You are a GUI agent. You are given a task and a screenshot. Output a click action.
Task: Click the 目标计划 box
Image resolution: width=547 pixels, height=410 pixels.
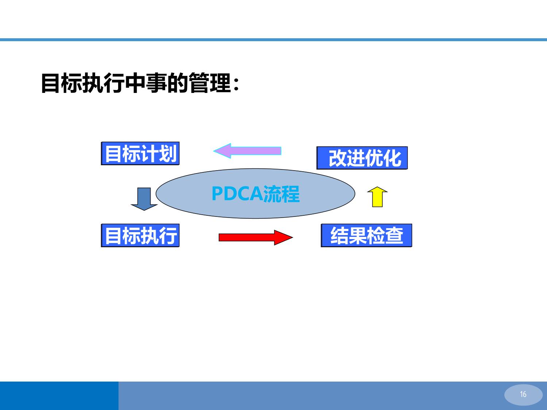coord(140,153)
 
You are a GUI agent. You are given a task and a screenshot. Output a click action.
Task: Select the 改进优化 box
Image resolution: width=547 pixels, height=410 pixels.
coord(362,158)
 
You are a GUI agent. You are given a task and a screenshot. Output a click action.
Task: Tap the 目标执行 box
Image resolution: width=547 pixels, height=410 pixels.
coord(140,235)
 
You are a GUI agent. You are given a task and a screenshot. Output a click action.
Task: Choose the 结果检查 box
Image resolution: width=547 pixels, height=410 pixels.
coord(366,235)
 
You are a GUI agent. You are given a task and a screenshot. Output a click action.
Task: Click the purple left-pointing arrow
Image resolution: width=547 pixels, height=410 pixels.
coord(247,151)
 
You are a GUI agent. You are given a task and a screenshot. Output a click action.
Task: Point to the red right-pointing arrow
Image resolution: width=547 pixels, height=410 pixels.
coord(256,238)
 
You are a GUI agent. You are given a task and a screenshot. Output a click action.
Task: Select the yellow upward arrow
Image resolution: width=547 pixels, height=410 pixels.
coord(377,197)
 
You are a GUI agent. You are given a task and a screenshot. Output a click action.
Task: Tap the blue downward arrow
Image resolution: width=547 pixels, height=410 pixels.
coord(144,199)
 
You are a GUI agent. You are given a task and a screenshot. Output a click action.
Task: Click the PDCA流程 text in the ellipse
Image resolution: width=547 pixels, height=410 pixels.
coord(255,194)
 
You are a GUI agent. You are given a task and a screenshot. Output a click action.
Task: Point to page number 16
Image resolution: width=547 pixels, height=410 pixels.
coord(523,394)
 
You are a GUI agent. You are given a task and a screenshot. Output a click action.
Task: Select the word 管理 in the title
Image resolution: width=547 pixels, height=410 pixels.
coord(210,83)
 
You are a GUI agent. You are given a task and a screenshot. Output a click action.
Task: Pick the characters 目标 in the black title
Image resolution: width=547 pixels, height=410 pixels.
coord(62,83)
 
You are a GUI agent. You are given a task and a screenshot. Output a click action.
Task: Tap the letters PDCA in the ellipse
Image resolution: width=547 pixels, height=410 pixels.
coord(237,194)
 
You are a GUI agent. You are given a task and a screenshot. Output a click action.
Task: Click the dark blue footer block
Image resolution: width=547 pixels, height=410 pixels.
coord(59,396)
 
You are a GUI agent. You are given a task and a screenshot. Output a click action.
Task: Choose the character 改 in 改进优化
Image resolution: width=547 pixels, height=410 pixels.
coord(338,158)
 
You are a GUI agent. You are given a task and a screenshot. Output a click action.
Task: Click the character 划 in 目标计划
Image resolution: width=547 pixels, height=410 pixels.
coord(168,153)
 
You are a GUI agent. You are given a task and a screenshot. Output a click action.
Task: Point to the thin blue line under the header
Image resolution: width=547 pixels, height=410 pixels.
coord(273,40)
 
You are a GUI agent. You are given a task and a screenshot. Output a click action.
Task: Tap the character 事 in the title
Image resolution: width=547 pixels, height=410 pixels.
coord(156,83)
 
